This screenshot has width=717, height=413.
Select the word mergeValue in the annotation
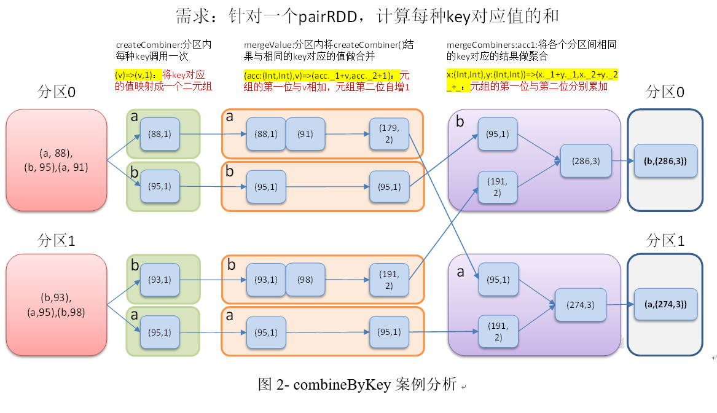point(267,45)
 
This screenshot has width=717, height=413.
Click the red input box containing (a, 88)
point(57,160)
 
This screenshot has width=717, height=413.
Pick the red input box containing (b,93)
point(57,305)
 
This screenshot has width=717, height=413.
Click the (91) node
point(305,134)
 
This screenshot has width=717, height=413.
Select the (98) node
point(305,280)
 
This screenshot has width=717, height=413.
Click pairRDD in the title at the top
point(326,17)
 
